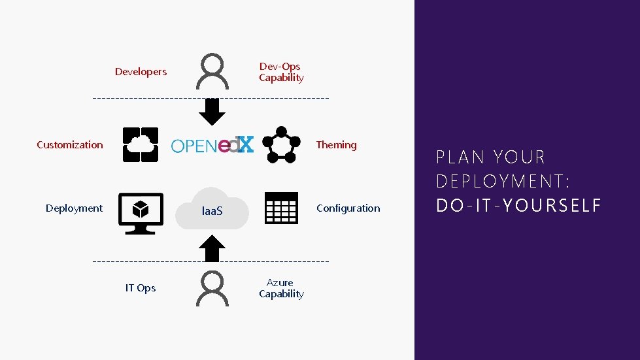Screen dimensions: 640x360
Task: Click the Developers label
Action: pos(141,72)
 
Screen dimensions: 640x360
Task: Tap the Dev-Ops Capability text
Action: pos(281,72)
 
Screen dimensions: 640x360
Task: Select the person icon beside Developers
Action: pos(212,72)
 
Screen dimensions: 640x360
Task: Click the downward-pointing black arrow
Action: pos(212,112)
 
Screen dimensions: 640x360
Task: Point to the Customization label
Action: pos(70,145)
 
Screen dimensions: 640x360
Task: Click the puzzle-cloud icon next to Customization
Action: pos(141,144)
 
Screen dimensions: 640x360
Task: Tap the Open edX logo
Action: pos(212,145)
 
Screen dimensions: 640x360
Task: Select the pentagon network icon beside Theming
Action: pos(281,144)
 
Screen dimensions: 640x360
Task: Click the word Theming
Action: pos(336,145)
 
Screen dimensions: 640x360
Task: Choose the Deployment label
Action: pos(74,208)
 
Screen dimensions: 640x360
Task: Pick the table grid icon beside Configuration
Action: pos(281,208)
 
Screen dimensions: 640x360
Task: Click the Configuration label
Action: pos(348,208)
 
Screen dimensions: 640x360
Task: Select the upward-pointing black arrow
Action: pos(212,248)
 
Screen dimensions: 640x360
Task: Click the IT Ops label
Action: pos(141,288)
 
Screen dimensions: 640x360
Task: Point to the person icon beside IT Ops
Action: pos(212,288)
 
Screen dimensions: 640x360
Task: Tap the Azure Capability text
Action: pos(281,288)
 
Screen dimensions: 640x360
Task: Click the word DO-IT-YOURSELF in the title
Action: pos(518,206)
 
